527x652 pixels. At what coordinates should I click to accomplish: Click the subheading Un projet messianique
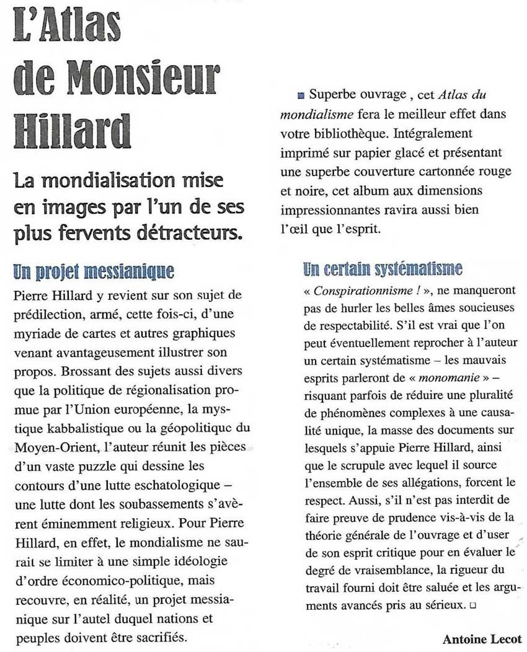pos(93,271)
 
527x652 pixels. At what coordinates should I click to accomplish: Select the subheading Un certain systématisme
pos(383,268)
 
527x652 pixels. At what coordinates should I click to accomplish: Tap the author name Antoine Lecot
pos(482,639)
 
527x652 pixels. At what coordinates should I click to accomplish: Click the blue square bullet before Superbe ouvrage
pos(301,95)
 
